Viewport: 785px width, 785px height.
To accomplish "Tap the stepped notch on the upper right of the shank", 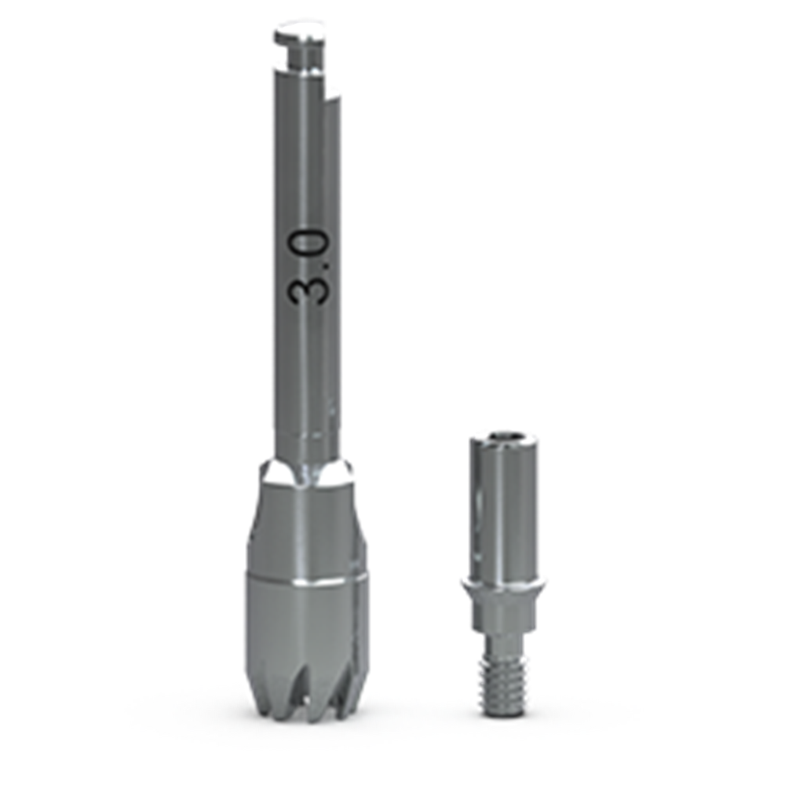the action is coord(331,93).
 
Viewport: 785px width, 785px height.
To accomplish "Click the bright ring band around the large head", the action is coord(305,581).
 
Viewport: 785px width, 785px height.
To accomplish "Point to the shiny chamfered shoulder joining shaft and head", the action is coord(305,473).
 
